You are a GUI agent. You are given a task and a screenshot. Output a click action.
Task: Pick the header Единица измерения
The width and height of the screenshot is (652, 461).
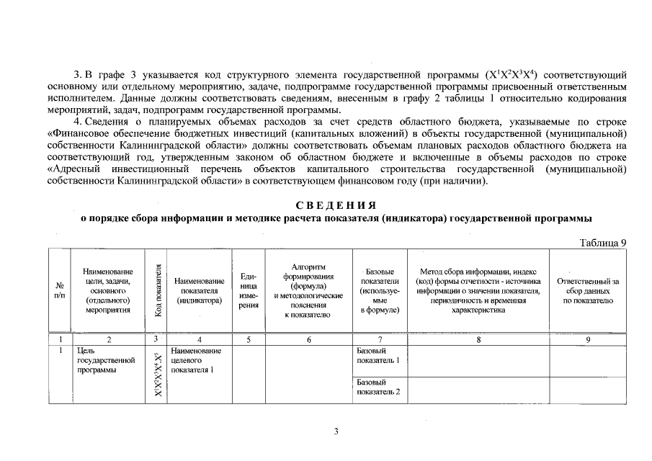[x=249, y=290]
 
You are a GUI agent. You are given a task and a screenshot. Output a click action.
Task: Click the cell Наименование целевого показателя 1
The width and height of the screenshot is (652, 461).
[x=197, y=360]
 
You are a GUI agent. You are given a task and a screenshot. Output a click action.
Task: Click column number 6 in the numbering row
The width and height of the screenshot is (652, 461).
[x=309, y=339]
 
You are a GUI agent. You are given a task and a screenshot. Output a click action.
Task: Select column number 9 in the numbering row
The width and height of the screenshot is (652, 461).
[x=587, y=339]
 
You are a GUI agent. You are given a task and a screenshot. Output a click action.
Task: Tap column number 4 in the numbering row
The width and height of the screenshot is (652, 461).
[x=200, y=339]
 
